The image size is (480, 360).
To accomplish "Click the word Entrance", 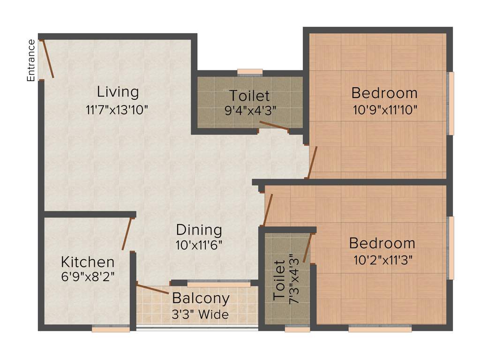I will tap(31, 60).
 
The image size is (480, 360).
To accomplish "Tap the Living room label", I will tap(118, 91).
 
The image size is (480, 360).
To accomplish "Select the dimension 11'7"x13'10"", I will tap(117, 110).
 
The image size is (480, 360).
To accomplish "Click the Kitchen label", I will tap(88, 262).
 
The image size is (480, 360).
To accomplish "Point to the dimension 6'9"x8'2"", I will tap(88, 277).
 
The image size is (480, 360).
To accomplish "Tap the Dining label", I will tap(199, 230).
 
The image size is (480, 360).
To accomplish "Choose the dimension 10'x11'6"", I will tap(199, 245).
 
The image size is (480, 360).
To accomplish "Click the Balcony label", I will tap(201, 298).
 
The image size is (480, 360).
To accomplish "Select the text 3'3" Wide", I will tap(201, 315).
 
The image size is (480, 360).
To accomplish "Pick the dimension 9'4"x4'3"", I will tap(250, 111).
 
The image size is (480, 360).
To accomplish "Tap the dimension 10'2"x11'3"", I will tap(382, 260).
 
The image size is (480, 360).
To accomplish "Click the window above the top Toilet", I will tap(250, 72).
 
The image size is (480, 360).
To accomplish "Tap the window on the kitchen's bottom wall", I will tap(111, 330).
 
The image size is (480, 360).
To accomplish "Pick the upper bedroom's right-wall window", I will tap(450, 103).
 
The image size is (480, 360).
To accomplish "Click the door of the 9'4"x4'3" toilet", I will tap(274, 125).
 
